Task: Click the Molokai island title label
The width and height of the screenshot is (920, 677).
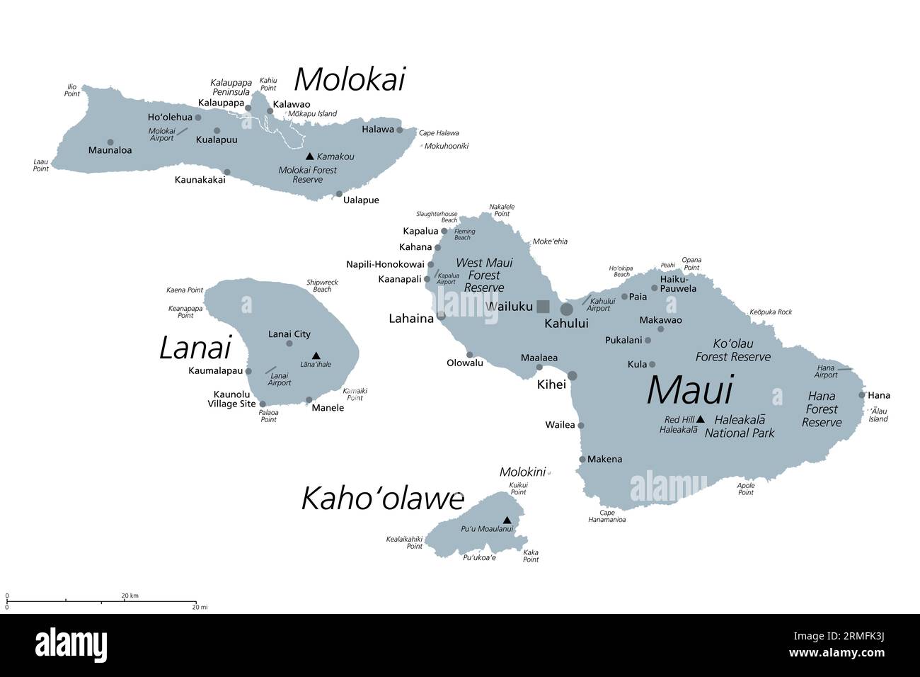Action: [x=349, y=79]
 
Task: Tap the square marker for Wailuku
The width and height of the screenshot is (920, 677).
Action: [x=543, y=307]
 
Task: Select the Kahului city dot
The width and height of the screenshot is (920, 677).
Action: [x=567, y=309]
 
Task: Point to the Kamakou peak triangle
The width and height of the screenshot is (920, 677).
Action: [x=309, y=156]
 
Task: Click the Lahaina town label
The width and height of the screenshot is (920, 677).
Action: [x=410, y=319]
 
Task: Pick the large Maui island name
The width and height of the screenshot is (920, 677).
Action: [x=689, y=390]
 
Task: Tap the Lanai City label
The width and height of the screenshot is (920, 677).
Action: [x=289, y=334]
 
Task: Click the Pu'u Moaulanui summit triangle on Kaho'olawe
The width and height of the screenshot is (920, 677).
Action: [x=507, y=520]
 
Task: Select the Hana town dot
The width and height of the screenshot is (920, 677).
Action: [x=862, y=395]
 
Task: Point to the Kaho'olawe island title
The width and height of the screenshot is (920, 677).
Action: [x=382, y=499]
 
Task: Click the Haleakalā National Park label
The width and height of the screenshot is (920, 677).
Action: [x=740, y=426]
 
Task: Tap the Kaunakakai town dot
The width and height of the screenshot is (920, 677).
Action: [x=227, y=172]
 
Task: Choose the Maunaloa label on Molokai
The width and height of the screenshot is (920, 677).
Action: [x=110, y=150]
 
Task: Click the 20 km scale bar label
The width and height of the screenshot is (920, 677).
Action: [x=130, y=596]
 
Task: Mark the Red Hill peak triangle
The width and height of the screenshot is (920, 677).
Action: [x=700, y=419]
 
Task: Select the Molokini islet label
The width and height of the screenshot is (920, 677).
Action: [x=522, y=472]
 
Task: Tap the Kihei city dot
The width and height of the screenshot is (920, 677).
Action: [x=573, y=376]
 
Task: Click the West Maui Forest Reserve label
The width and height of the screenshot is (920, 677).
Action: [x=484, y=275]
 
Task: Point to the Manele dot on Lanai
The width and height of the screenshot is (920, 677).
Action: [x=309, y=400]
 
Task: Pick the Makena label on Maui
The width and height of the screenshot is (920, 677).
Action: [x=605, y=459]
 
